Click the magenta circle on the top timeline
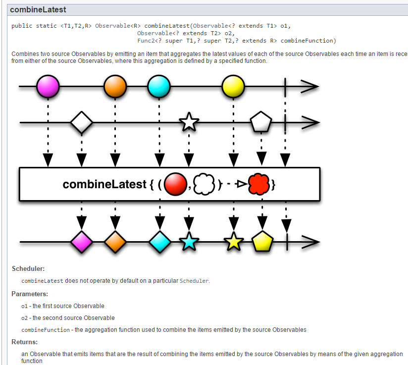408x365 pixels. tap(48, 87)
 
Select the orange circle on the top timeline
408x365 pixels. tap(115, 87)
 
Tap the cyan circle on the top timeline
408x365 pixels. tap(159, 87)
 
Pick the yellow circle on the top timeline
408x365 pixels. tap(233, 87)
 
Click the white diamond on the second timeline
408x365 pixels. tap(82, 122)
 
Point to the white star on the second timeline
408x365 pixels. tap(189, 122)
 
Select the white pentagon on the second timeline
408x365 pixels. tap(261, 122)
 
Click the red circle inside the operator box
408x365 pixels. tap(176, 185)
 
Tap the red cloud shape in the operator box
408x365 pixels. tap(258, 185)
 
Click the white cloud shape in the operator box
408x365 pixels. tap(204, 185)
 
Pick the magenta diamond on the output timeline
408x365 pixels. tap(82, 242)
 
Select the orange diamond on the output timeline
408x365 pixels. tap(115, 242)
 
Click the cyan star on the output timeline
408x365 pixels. tap(189, 242)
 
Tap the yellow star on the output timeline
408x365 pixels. tap(234, 242)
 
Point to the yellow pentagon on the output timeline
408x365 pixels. tap(262, 242)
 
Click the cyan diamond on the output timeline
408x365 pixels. tap(160, 242)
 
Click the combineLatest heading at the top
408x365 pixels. tap(38, 10)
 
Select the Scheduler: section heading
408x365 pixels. tap(28, 269)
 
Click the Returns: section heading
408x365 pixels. tap(25, 342)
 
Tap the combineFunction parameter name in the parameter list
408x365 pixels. tap(45, 330)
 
